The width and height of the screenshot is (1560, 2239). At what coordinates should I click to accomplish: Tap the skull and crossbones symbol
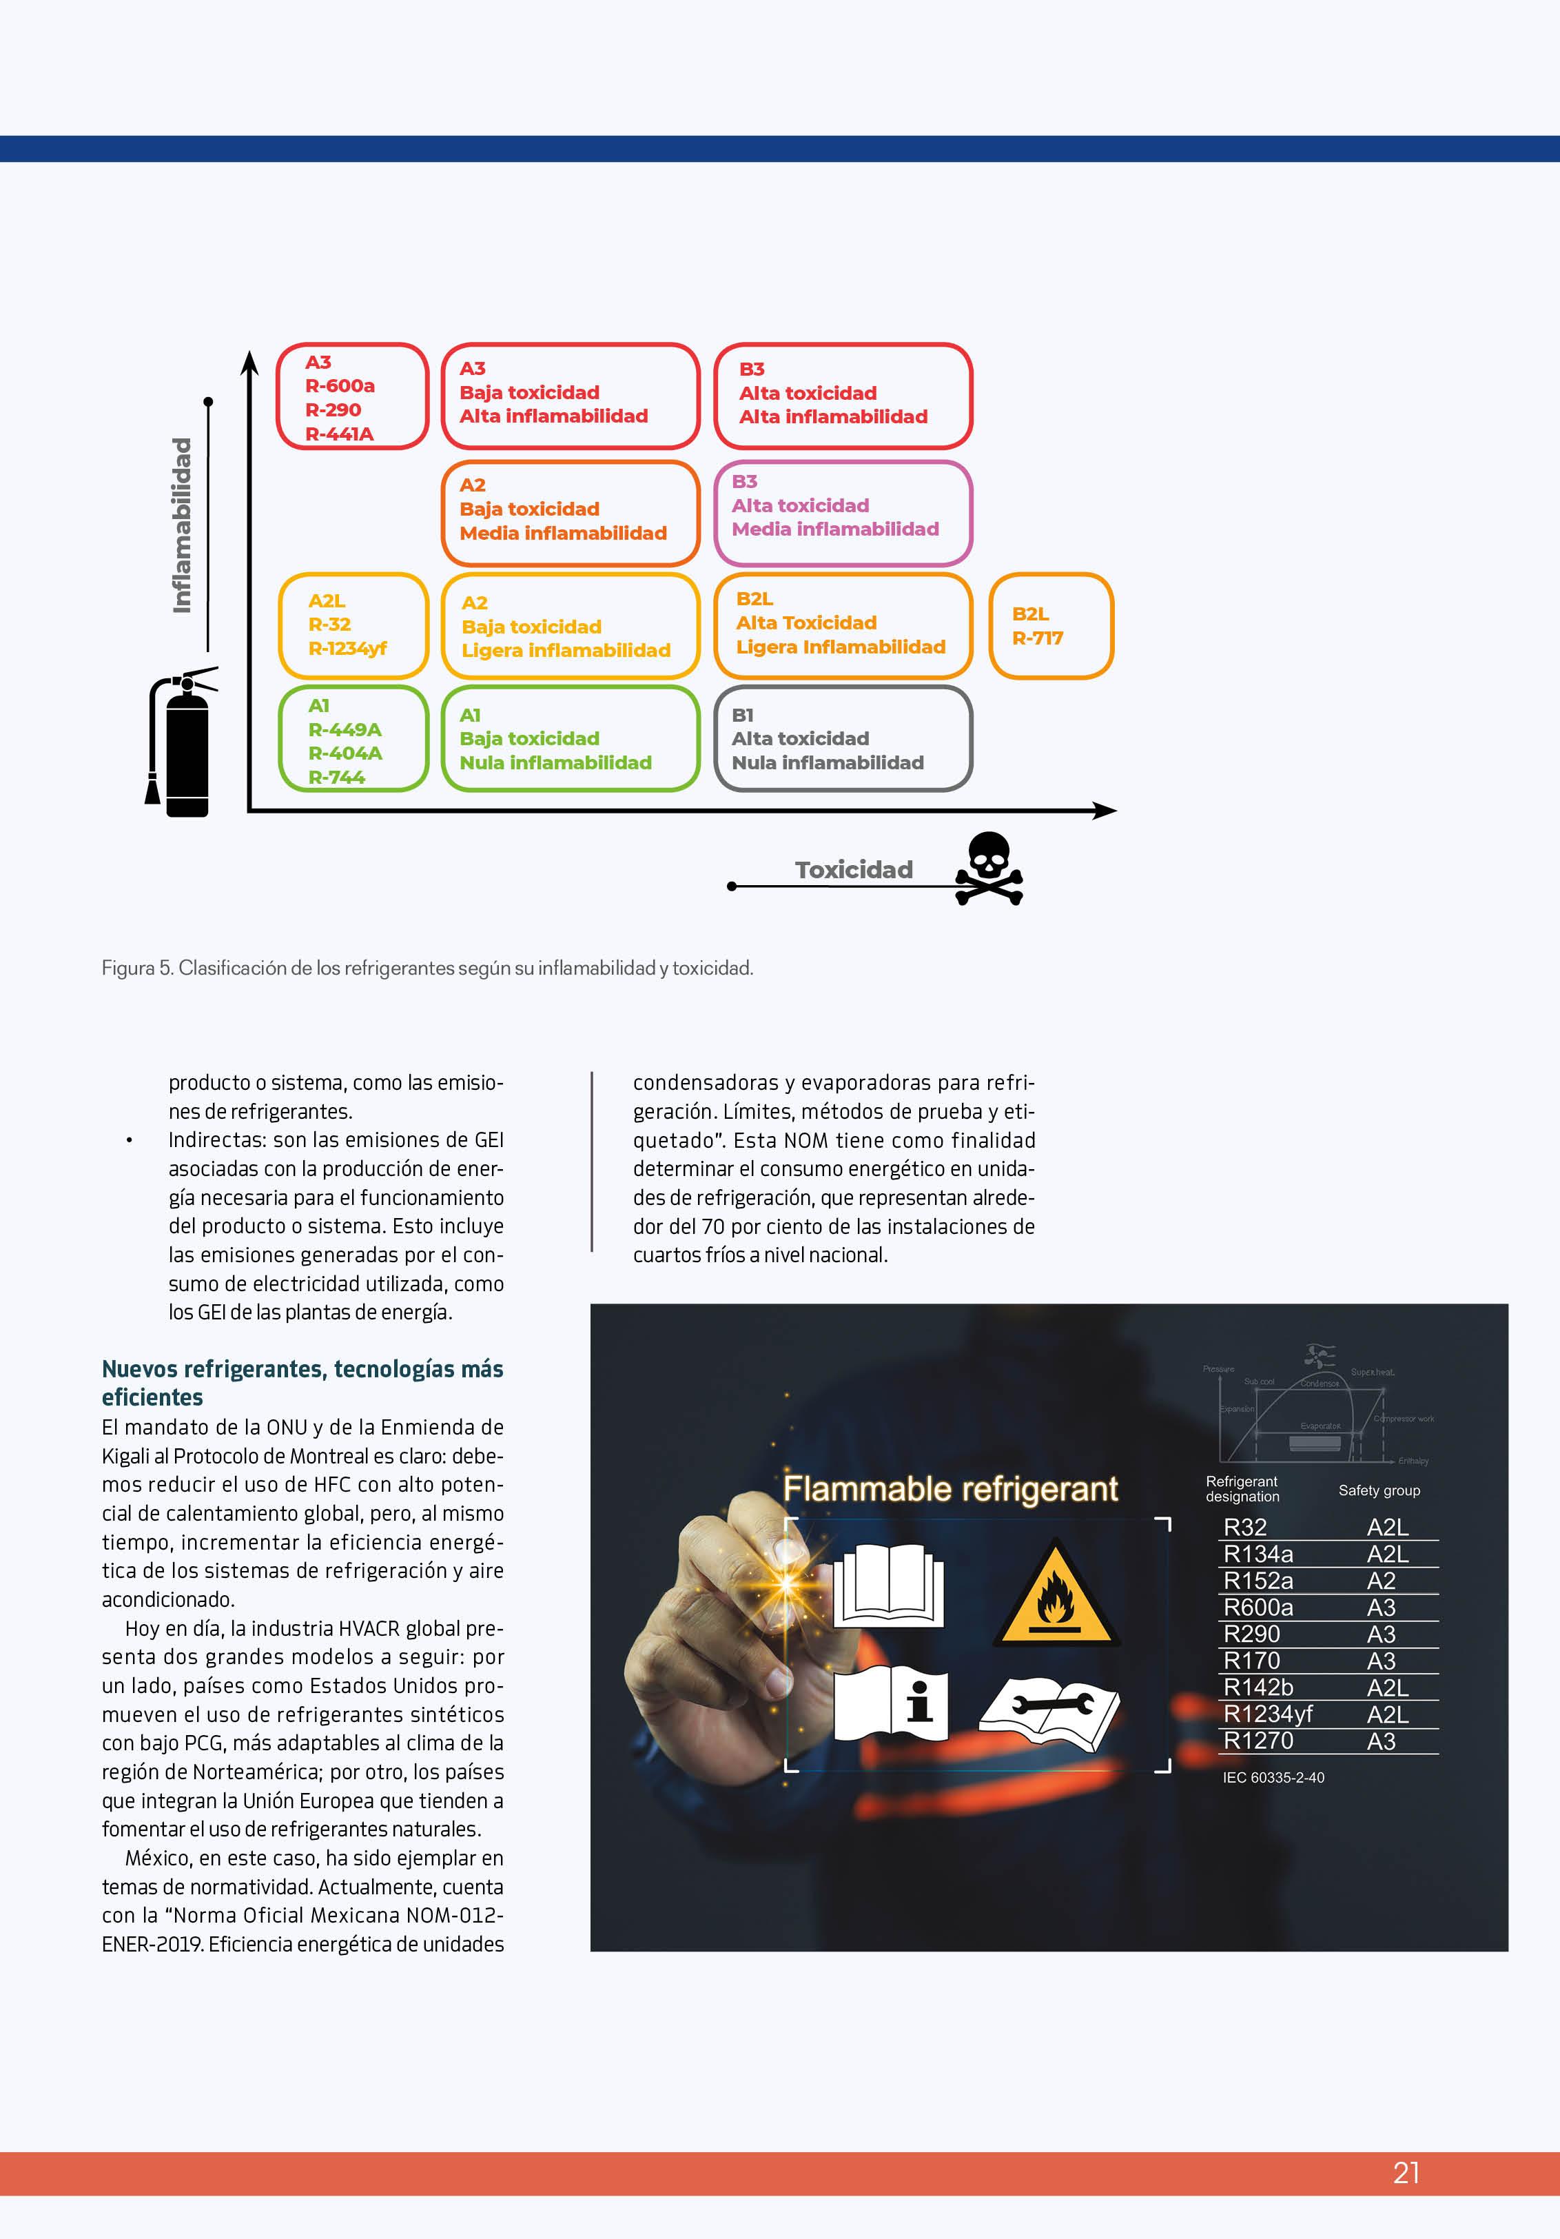click(x=989, y=867)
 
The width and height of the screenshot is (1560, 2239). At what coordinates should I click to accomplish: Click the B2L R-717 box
click(x=1051, y=626)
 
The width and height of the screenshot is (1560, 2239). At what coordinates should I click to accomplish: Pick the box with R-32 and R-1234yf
click(x=353, y=625)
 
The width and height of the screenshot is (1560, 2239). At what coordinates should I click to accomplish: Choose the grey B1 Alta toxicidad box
click(x=843, y=738)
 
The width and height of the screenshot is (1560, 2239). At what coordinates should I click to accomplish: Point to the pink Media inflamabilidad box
click(x=843, y=513)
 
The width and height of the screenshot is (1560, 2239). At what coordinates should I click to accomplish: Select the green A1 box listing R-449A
click(x=353, y=739)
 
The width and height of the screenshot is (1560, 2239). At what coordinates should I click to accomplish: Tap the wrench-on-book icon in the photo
click(x=1049, y=1714)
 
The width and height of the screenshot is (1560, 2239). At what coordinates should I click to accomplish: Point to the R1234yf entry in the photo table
click(x=1268, y=1714)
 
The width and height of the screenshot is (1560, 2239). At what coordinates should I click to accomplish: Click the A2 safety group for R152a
click(x=1381, y=1581)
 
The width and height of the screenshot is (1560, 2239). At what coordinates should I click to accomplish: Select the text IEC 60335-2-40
click(x=1273, y=1778)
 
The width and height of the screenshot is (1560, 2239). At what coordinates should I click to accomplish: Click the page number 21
click(x=1406, y=2173)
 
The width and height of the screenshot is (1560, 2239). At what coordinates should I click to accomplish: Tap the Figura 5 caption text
click(x=427, y=969)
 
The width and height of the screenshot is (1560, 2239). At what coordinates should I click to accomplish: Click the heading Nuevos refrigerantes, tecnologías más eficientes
click(x=302, y=1383)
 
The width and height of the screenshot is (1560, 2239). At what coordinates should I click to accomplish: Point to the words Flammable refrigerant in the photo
click(x=951, y=1489)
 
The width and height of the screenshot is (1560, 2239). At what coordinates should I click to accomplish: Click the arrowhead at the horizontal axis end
click(x=1106, y=811)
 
